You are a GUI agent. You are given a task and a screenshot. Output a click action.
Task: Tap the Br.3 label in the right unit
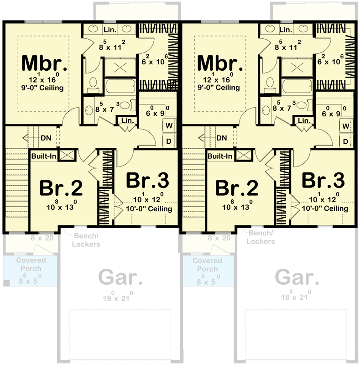coord(323,181)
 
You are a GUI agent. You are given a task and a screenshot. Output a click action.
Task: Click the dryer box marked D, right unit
coord(346,141)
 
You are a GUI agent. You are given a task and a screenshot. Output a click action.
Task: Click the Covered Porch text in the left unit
coord(31,265)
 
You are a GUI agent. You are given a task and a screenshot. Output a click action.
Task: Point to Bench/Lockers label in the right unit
coord(261,238)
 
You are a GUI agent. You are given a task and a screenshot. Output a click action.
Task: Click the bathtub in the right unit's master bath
coord(297,86)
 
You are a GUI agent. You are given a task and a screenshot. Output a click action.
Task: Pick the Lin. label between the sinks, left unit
coord(110,30)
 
